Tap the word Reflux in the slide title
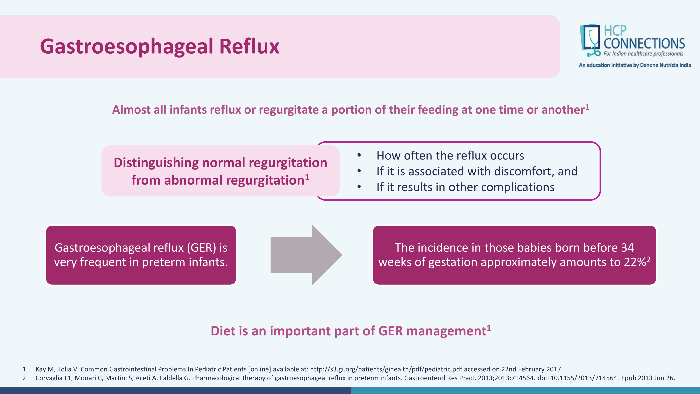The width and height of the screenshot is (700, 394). [249, 46]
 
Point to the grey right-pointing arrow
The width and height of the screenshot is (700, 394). [306, 255]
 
